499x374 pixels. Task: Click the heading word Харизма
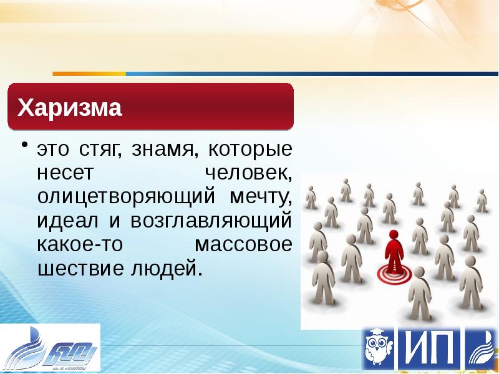pos(70,108)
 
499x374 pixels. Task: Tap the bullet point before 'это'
pos(24,145)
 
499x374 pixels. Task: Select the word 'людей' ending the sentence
pos(167,269)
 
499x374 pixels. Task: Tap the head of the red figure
pos(393,236)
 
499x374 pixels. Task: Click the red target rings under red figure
pos(392,272)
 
